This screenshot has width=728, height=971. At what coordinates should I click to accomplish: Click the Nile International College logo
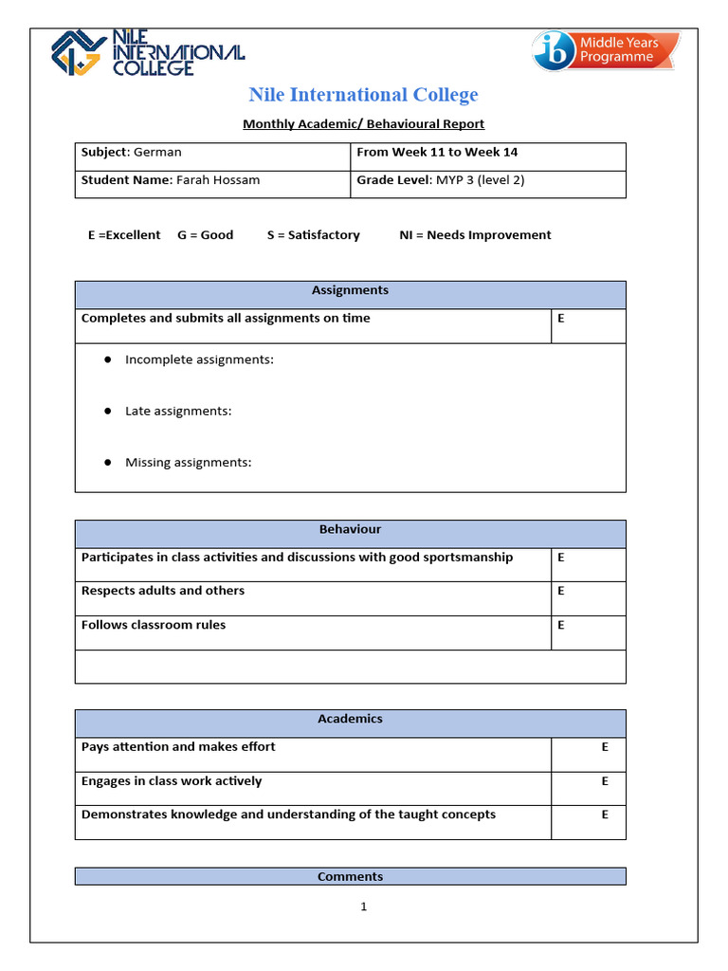(x=147, y=52)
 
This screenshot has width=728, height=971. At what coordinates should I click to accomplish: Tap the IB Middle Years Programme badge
(x=606, y=50)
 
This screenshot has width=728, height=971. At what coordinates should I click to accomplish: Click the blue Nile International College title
(x=363, y=95)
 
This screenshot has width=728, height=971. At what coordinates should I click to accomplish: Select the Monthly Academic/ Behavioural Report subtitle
(x=363, y=124)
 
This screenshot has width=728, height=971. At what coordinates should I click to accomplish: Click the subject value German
(x=157, y=153)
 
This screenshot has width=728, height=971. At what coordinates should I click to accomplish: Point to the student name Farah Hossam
(x=218, y=180)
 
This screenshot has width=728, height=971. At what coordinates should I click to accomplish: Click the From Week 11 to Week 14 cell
(x=437, y=153)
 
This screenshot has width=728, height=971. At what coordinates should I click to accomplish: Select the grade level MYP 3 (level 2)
(x=481, y=180)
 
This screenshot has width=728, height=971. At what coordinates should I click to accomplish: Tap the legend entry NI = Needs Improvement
(x=475, y=235)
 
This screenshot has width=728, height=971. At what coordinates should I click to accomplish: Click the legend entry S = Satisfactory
(x=313, y=235)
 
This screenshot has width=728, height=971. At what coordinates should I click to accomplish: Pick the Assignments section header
(x=350, y=291)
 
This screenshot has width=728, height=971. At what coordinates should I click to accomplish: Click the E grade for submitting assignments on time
(x=561, y=319)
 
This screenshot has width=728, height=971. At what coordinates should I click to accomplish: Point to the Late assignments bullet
(x=178, y=412)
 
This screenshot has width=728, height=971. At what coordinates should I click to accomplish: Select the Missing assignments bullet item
(x=188, y=463)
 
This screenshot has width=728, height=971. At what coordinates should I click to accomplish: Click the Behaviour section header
(x=350, y=530)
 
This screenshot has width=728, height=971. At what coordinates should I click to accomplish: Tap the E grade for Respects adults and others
(x=561, y=591)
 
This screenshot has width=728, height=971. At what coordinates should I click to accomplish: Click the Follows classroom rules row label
(x=154, y=625)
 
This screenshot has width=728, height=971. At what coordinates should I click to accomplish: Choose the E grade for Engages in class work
(x=605, y=781)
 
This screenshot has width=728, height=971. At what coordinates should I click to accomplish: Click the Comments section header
(x=350, y=877)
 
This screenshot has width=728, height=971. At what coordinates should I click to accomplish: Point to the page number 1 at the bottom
(x=363, y=907)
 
